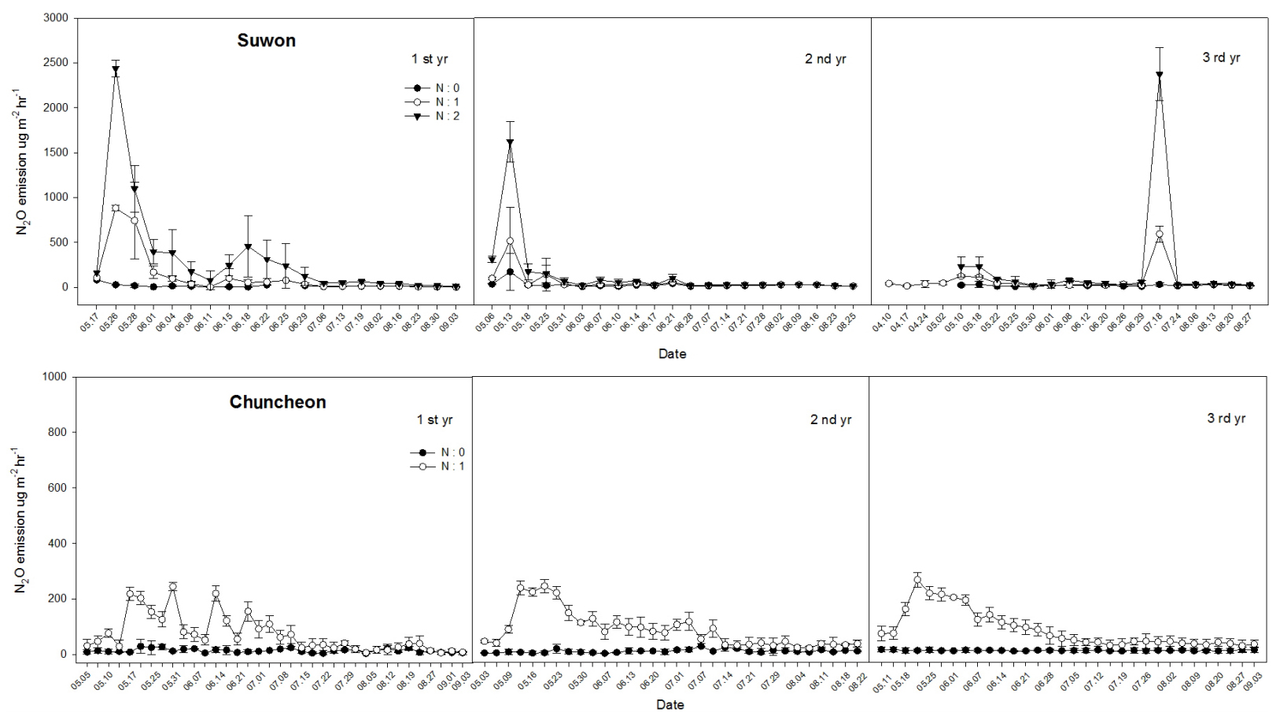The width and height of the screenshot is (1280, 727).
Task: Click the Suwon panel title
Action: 266,41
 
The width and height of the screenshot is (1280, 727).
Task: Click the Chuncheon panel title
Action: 278,402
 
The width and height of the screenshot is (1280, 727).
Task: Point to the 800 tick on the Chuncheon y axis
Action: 58,433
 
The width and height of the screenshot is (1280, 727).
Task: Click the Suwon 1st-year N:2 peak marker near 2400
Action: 116,69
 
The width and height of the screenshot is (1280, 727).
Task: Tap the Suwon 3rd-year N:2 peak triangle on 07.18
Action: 1159,75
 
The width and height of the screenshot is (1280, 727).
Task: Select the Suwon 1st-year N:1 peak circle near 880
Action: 116,208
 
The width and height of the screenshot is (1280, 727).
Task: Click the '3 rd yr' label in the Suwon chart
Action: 1221,57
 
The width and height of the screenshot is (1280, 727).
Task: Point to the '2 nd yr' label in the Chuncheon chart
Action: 831,420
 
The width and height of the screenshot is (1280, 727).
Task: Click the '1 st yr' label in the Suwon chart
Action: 430,58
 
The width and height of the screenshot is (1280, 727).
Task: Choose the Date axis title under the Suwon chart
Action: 672,354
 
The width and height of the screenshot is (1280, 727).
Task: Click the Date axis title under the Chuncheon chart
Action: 670,705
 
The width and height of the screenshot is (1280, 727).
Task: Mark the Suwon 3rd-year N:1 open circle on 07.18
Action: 1159,234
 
